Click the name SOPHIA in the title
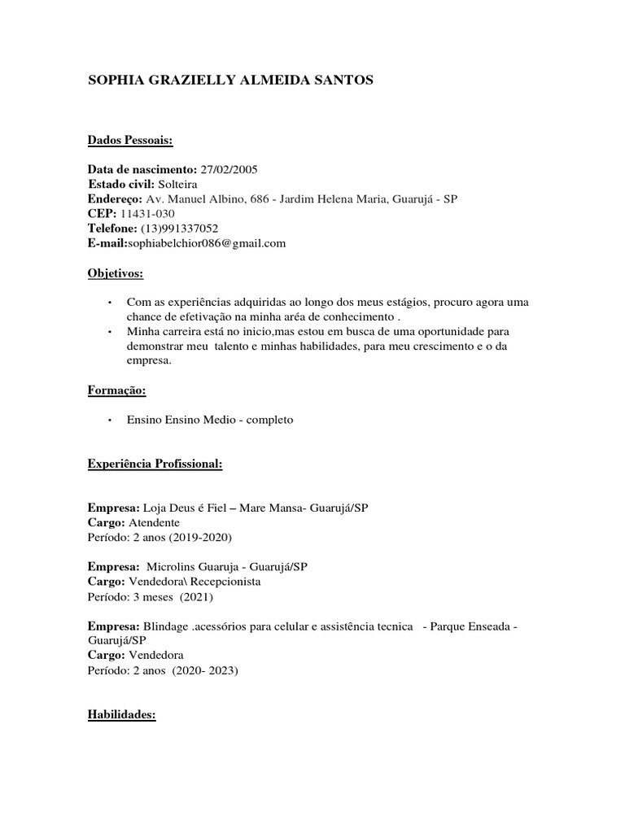[x=116, y=81]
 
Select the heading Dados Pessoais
[x=130, y=141]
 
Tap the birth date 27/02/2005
[x=229, y=170]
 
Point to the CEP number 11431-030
[x=145, y=214]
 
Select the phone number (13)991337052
[x=179, y=229]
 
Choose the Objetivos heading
[x=115, y=274]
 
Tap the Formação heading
[x=116, y=390]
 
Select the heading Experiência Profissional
[x=155, y=464]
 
